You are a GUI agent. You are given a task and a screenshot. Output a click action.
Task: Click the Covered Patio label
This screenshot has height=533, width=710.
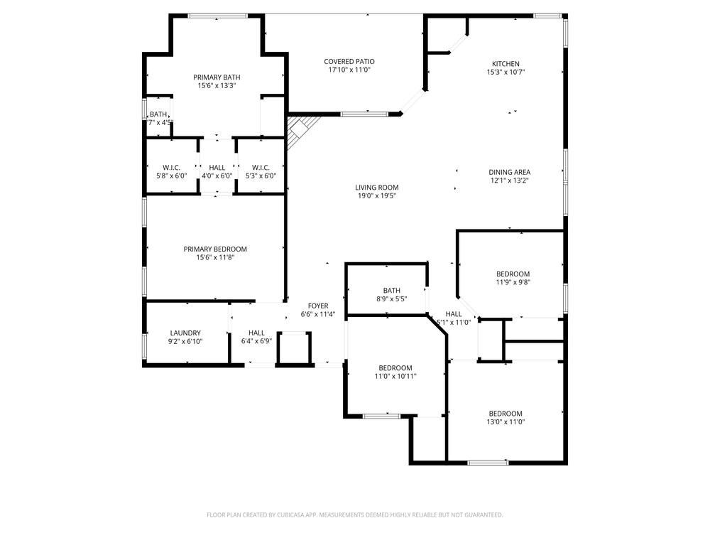pos(349,62)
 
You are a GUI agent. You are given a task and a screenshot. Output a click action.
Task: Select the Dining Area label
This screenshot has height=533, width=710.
pos(509,172)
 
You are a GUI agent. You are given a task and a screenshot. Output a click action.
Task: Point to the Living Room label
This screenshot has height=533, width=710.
pos(376,188)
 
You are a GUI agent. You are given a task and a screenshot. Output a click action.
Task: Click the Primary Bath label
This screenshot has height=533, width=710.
pos(217,77)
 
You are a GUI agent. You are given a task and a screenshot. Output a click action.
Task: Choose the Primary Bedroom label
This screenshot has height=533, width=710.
pos(215,249)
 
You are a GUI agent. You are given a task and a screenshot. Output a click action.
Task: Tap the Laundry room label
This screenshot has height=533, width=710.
pos(185,333)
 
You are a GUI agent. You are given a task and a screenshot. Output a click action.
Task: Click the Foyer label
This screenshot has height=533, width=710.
pos(318,306)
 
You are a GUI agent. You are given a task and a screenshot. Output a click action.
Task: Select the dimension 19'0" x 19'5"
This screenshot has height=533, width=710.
pos(376,195)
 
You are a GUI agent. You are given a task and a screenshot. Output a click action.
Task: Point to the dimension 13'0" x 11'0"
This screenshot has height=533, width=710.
pos(506,421)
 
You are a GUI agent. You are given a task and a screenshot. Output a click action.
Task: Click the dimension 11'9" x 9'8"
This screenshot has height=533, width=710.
pos(512,281)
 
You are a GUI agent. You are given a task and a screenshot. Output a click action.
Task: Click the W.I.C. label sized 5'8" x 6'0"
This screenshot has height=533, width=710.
pos(170,168)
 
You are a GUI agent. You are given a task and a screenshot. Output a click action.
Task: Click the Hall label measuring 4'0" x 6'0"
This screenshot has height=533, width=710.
pos(217,168)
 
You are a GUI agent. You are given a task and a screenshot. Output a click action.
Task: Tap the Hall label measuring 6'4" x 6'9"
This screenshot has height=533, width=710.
pos(256,333)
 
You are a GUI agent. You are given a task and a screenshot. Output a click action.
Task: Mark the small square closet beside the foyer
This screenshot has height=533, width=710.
pos(294,348)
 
